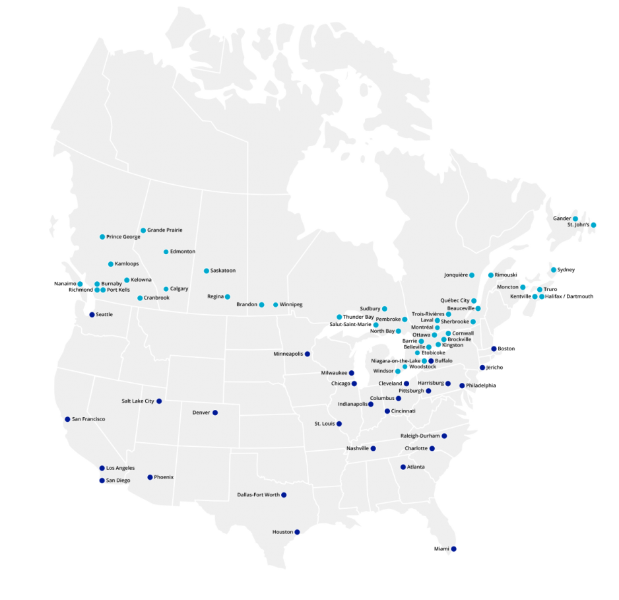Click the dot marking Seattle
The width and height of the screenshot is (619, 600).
point(92,315)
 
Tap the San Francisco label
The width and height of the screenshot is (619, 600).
point(88,419)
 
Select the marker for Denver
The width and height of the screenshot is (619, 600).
point(215,413)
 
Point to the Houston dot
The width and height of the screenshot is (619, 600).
point(297,532)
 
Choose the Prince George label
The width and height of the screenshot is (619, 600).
point(123,236)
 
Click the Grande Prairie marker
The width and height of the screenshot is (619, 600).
point(143,230)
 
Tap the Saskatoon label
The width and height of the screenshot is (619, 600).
point(223,271)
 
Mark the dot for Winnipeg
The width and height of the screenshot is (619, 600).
point(276,304)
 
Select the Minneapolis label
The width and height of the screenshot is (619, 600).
point(288,354)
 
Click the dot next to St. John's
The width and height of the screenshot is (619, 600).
point(593,225)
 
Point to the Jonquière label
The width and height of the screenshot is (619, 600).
point(456,275)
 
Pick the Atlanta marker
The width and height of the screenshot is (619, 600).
point(403,467)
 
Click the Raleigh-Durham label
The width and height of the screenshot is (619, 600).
point(420,436)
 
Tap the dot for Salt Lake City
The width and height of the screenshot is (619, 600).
point(159,401)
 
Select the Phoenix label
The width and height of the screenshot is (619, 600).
point(164,477)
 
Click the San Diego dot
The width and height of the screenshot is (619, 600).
point(102,481)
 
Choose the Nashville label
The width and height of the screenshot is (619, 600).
point(357,448)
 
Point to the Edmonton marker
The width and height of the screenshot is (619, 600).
point(166,251)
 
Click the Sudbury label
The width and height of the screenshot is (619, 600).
point(370,308)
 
